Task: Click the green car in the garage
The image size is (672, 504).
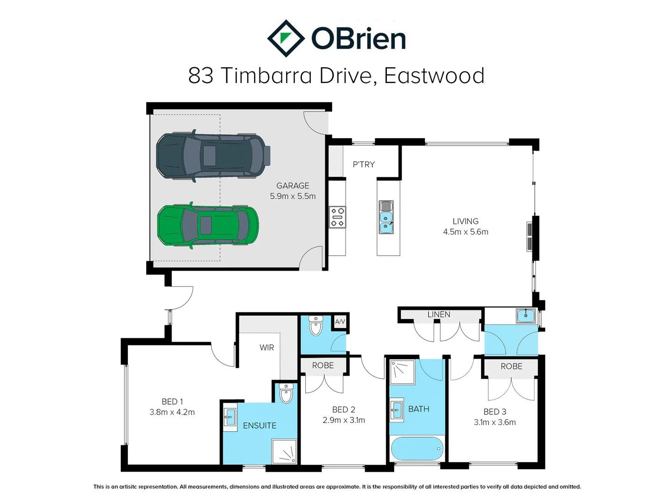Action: (208, 225)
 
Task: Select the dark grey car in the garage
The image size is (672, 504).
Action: (213, 156)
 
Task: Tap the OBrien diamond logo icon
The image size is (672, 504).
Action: (286, 38)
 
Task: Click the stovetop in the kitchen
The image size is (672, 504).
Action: (338, 217)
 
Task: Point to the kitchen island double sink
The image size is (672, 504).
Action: (386, 217)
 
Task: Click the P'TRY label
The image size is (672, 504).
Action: (364, 164)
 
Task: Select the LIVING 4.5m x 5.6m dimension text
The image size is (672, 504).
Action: (465, 232)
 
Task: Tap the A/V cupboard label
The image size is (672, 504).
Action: (340, 322)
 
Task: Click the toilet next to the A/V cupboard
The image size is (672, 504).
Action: (316, 326)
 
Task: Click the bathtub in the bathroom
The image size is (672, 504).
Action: (417, 448)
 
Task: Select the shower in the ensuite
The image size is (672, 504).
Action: (284, 452)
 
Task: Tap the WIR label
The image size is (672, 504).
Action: (266, 348)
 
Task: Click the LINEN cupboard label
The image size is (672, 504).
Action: (439, 315)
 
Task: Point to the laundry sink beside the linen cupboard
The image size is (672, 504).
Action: (525, 316)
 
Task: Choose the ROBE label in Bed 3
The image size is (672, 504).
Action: (511, 366)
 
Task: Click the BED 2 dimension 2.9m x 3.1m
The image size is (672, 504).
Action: (343, 420)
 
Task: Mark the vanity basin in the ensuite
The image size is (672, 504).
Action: (230, 417)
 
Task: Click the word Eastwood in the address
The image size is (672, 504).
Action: (434, 76)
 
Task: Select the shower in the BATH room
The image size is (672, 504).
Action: (402, 371)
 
